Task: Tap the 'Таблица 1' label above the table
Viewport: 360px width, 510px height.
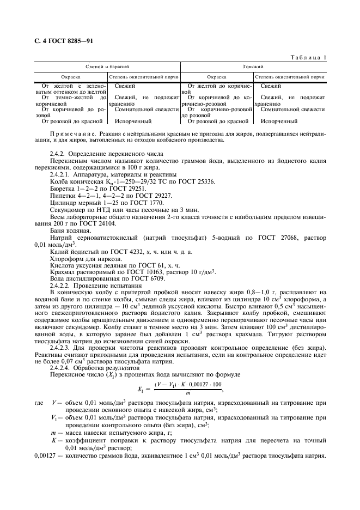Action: [309, 57]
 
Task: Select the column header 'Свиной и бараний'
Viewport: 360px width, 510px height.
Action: [107, 66]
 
